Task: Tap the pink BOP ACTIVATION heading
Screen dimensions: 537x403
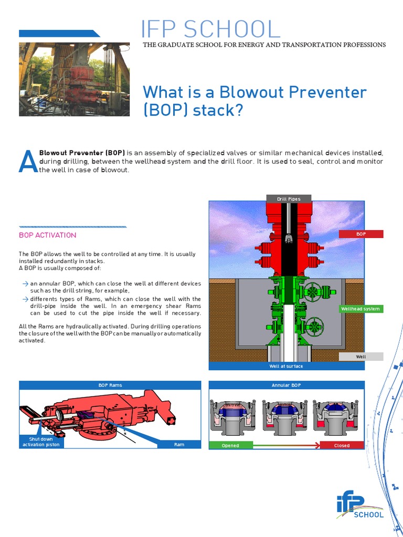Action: [48, 235]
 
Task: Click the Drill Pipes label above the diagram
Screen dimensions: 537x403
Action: [289, 199]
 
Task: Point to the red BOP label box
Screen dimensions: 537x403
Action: [361, 234]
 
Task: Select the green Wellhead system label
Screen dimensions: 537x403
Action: [360, 309]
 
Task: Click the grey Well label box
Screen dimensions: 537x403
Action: [361, 357]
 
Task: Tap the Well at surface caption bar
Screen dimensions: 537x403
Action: [286, 366]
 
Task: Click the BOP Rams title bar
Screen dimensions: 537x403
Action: [110, 385]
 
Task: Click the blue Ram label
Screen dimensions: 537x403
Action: [179, 445]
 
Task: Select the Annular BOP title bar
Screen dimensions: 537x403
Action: [286, 385]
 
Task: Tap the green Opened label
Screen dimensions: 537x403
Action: [230, 445]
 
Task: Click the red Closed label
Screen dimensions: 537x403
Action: [342, 445]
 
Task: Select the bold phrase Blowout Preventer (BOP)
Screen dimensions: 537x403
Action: [82, 153]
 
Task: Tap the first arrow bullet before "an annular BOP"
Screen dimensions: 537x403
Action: [25, 283]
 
